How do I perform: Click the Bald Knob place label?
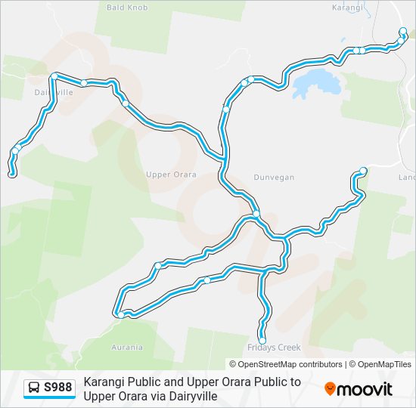coord(127,8)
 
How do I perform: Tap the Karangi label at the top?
coord(349,8)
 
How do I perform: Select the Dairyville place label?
coord(54,92)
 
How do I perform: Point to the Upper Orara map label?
coord(171,175)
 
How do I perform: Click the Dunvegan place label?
coord(275,178)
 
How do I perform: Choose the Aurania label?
coord(126,348)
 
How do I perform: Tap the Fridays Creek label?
coord(274,348)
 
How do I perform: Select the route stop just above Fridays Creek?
coord(262,339)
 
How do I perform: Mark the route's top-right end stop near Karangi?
coord(403,32)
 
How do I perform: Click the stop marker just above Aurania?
coord(121,314)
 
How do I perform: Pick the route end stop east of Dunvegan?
coord(363,171)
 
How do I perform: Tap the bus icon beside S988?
coord(33,388)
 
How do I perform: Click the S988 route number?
coord(58,388)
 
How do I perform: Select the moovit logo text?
coord(365,389)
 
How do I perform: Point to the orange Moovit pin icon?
coord(330,388)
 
